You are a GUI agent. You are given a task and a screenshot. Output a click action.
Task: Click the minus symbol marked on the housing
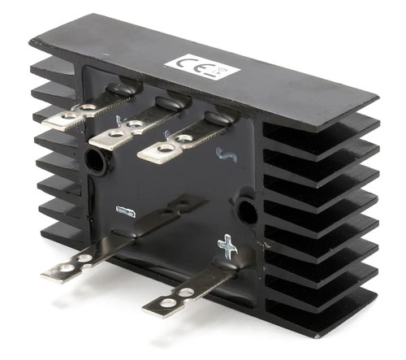[126, 212]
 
